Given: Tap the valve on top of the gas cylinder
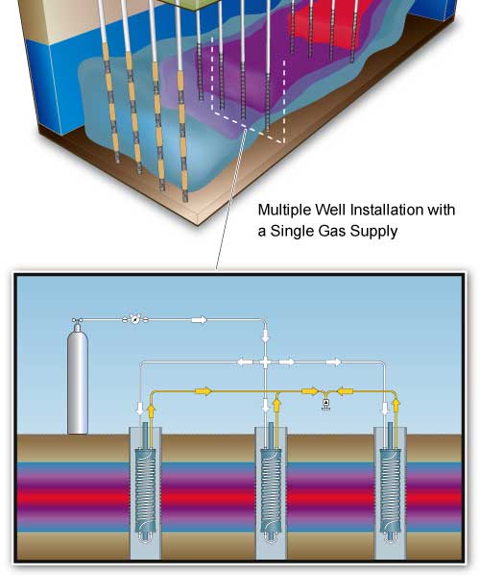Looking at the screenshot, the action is click(77, 321).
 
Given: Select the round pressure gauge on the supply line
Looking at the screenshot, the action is click(135, 320).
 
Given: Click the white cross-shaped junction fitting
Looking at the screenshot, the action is click(266, 362).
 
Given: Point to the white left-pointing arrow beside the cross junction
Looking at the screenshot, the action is click(245, 362).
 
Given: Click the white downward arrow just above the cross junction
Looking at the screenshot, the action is click(266, 335).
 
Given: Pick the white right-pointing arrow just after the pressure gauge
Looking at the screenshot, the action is click(199, 320).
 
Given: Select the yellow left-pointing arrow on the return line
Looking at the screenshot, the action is click(345, 391).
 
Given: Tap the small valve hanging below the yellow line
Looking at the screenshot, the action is click(325, 404).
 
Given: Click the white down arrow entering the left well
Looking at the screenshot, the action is click(139, 409).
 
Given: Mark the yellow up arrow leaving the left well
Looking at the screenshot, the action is click(151, 412).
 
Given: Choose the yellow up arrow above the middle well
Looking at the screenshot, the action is click(276, 405).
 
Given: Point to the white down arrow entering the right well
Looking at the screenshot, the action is click(384, 409).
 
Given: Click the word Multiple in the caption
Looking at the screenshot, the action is click(285, 211).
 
